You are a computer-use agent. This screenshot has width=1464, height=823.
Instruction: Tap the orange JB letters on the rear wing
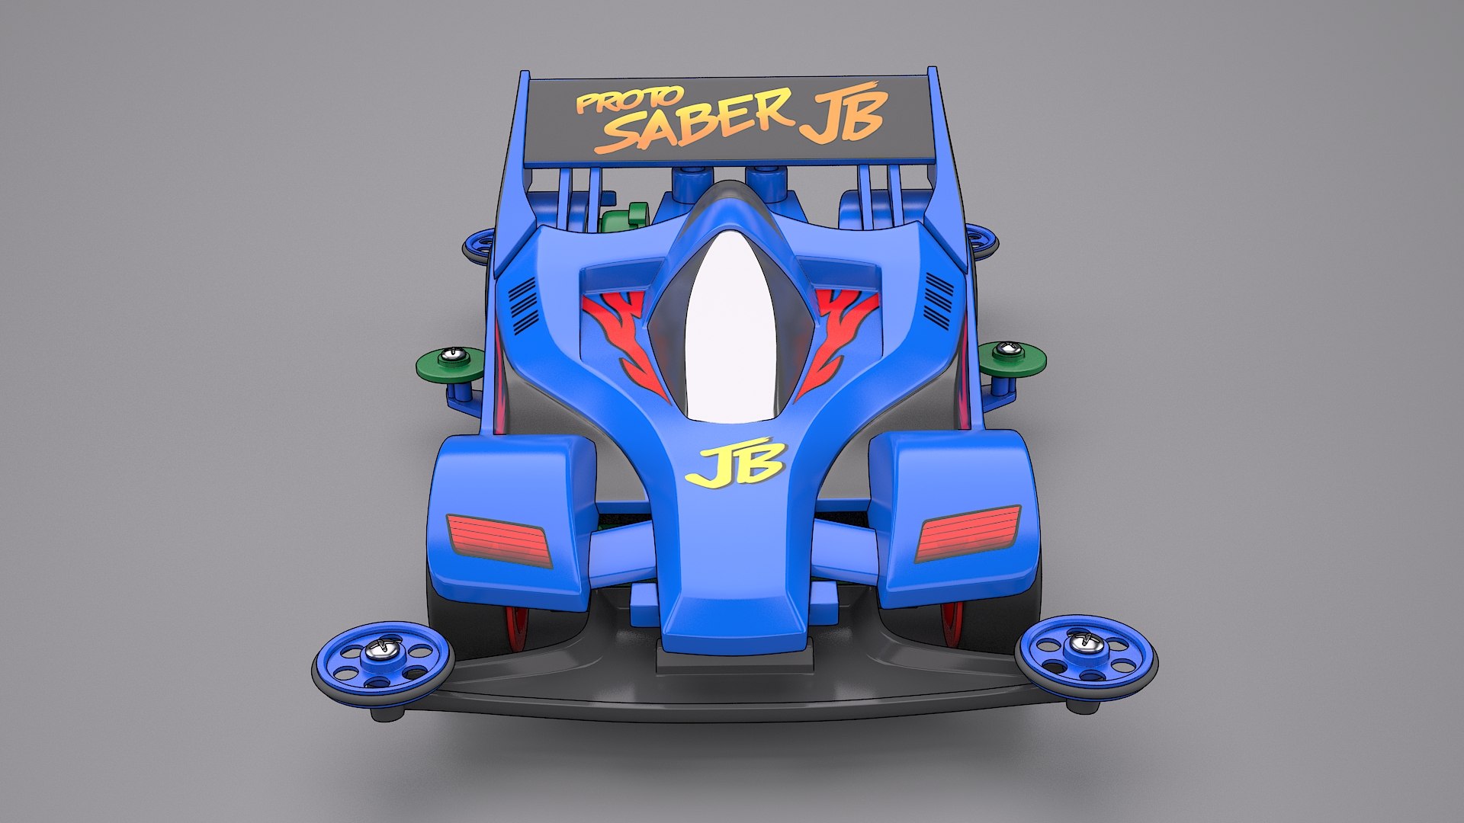pos(843,116)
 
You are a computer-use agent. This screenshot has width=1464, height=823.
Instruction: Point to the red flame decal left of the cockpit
pos(622,335)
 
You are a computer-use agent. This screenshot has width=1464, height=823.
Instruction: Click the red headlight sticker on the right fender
pos(968,533)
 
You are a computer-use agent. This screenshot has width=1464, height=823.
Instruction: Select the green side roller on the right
pos(1012,358)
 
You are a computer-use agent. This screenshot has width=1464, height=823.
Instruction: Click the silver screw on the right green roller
pos(1012,349)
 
